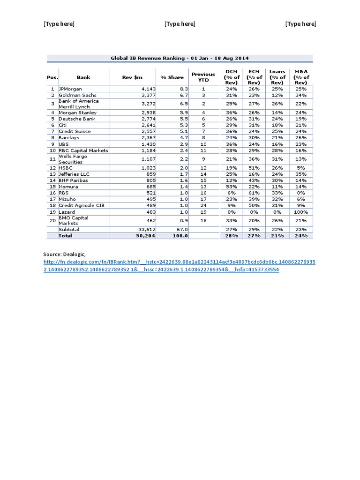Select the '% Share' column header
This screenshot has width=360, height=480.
pos(172,77)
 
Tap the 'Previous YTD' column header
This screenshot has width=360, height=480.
pos(203,77)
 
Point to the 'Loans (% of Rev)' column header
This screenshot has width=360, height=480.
pos(277,77)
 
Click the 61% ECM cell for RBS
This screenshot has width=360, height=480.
pos(255,193)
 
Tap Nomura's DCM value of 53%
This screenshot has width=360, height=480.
pos(232,187)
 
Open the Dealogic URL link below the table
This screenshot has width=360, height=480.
pos(179,266)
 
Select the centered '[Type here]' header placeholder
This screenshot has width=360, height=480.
pos(180,24)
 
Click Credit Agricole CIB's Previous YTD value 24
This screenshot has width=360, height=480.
pos(203,205)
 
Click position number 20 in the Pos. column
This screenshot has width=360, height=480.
pos(52,221)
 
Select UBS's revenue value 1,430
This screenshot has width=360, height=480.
pos(148,144)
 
